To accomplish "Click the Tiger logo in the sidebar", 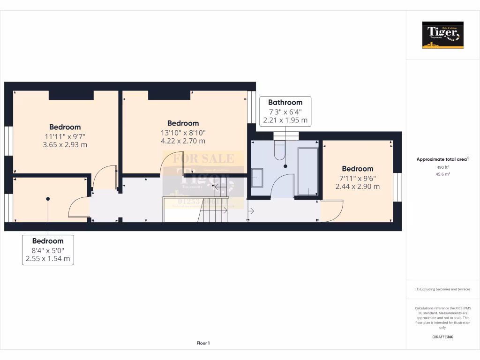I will point(442,35).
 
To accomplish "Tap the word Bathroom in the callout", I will point(285,102).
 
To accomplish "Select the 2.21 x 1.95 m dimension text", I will point(285,120).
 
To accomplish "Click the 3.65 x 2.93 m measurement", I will point(65,145).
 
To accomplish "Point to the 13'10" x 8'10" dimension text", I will point(183,132).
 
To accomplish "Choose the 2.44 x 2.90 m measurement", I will point(357,186).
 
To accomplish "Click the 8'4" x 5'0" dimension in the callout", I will point(48,250).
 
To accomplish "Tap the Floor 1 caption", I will point(203,343).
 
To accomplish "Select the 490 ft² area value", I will point(442,167).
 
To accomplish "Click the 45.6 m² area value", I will point(442,174).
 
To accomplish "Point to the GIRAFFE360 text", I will point(442,337).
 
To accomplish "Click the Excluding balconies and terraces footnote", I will point(442,289).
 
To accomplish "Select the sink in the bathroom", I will point(257,178).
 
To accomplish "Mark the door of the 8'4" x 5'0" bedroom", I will point(79,208).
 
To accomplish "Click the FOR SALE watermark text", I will point(203,158).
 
